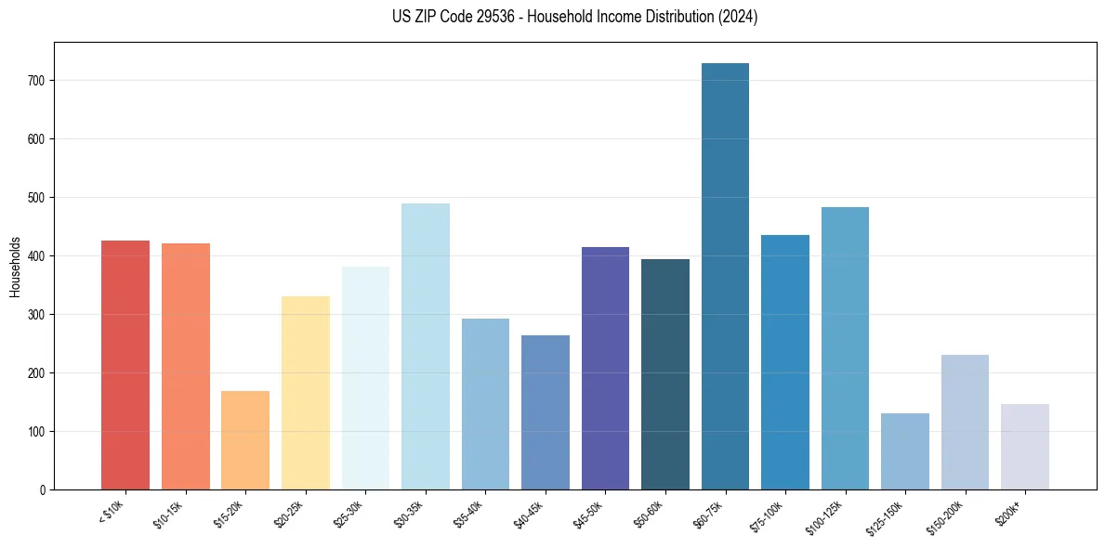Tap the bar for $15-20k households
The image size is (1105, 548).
click(x=245, y=440)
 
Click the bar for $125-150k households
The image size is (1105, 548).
click(x=905, y=451)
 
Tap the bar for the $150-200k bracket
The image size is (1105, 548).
click(x=965, y=423)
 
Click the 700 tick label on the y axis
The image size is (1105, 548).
click(x=37, y=81)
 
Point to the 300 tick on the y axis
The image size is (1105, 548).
click(x=37, y=315)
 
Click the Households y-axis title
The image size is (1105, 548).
click(x=15, y=266)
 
